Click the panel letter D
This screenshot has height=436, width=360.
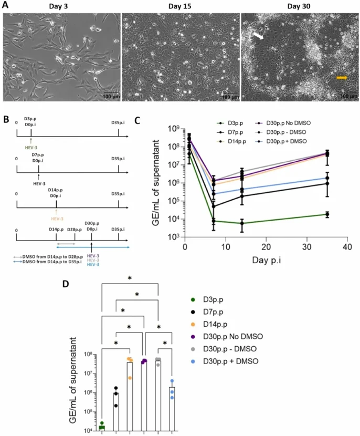click(65, 284)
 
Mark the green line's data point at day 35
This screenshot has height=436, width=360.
click(327, 214)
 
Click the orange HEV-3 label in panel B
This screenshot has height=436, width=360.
click(56, 217)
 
